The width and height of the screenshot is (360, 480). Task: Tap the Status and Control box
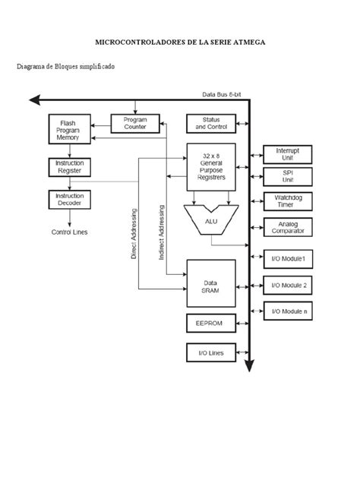coord(211,123)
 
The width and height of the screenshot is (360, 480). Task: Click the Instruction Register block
coord(69,167)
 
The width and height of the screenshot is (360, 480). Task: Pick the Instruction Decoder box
coord(69,199)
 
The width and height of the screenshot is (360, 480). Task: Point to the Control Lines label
coord(69,232)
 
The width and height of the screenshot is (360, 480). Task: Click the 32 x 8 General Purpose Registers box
coord(211,167)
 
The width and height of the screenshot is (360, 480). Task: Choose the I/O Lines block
coord(211,352)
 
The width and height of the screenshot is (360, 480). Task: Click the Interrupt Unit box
coord(286,154)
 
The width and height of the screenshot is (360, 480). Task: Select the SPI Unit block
coord(286,176)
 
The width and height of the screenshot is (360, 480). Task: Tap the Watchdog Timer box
coord(286,201)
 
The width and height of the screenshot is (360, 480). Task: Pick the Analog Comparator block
coord(286,226)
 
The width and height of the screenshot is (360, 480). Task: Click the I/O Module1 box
coord(286,259)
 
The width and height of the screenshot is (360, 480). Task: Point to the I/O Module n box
coord(286,310)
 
